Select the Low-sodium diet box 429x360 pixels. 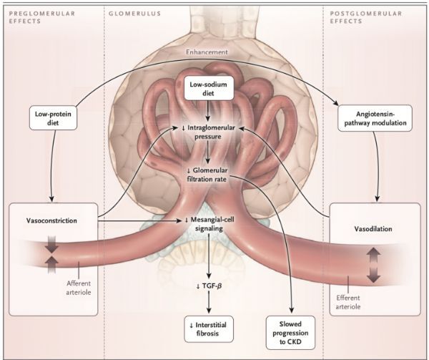point(207,92)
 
